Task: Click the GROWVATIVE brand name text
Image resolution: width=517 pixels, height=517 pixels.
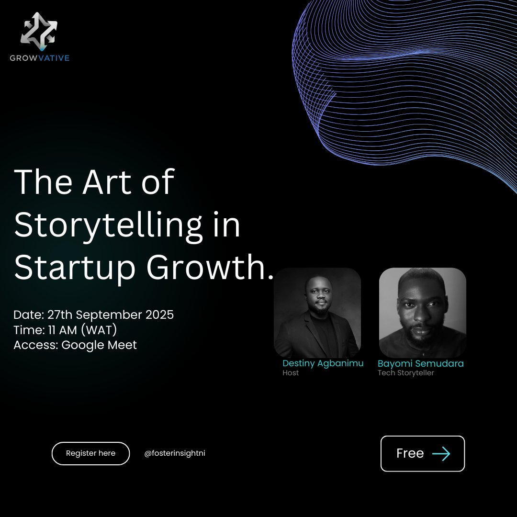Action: [40, 58]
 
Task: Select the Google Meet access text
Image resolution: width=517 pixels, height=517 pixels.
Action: [99, 345]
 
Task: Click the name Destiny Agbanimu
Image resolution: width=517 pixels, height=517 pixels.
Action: [323, 363]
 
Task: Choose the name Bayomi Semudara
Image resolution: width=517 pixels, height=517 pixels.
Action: [420, 363]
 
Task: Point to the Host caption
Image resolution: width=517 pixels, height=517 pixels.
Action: [291, 373]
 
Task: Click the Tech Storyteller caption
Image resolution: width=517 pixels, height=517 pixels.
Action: [405, 373]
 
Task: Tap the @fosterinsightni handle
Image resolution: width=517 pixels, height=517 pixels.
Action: [174, 453]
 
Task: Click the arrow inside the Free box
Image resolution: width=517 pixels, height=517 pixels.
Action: [441, 454]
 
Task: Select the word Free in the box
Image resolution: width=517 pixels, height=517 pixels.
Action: [410, 454]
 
